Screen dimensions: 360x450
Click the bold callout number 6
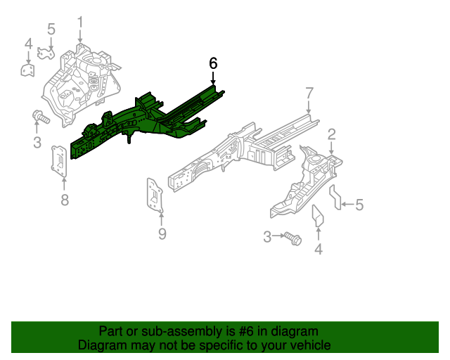[x=213, y=63]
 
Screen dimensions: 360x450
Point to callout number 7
[x=309, y=92]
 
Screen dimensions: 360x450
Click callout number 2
[x=331, y=134]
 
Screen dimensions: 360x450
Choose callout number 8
[x=65, y=201]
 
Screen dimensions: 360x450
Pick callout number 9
[x=162, y=234]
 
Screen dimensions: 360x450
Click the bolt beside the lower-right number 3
[x=292, y=238]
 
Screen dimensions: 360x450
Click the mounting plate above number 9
[x=155, y=194]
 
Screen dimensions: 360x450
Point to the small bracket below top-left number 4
[x=27, y=70]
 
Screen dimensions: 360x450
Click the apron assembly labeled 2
[x=306, y=183]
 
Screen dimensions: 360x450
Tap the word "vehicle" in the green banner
[x=307, y=345]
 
